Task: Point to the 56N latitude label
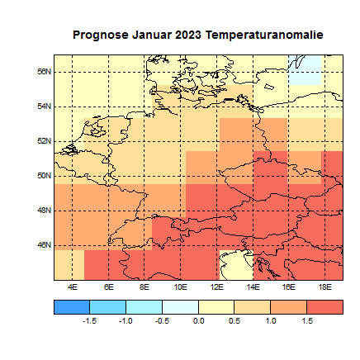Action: (46, 72)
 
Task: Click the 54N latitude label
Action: (46, 107)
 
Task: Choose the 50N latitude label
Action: (46, 176)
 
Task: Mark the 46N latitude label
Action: (46, 245)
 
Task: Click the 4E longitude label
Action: (73, 287)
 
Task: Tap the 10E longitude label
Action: (181, 287)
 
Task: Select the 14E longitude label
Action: (253, 287)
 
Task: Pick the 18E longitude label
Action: (325, 287)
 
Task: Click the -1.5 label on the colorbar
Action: (90, 320)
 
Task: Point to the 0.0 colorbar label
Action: (199, 320)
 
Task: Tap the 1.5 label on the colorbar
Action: (307, 320)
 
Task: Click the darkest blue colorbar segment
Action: (72, 306)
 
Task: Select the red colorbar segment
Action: (325, 306)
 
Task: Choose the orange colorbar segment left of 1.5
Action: (289, 306)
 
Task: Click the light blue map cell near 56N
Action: (306, 70)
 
